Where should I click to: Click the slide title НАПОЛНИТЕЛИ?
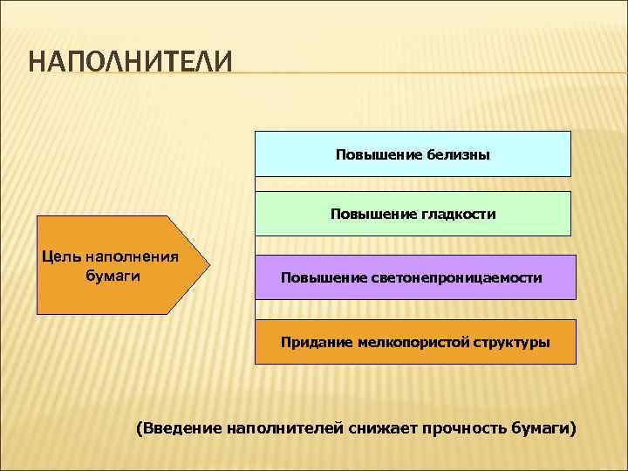click(131, 64)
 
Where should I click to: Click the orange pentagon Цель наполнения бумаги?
click(118, 265)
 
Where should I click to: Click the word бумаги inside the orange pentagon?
click(114, 276)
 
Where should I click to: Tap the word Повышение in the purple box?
click(318, 278)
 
